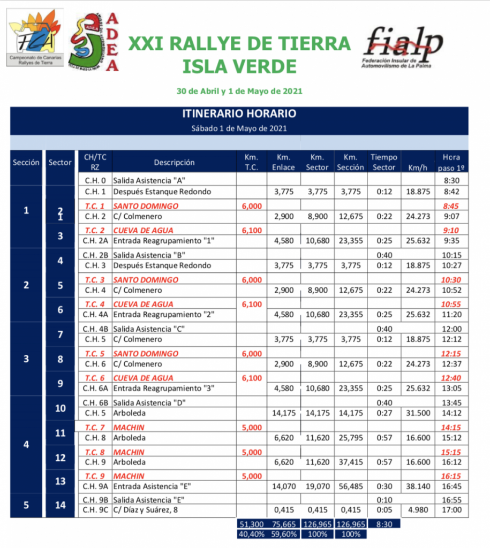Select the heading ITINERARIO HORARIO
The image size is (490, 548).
pyautogui.click(x=239, y=114)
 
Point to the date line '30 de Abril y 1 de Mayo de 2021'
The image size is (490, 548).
pyautogui.click(x=239, y=91)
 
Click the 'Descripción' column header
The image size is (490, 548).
pyautogui.click(x=174, y=162)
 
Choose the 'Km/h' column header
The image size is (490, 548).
pyautogui.click(x=418, y=167)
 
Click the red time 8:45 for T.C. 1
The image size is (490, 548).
pyautogui.click(x=452, y=205)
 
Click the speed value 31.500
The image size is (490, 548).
pyautogui.click(x=418, y=413)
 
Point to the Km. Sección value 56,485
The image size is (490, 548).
pyautogui.click(x=351, y=486)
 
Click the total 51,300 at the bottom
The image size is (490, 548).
pyautogui.click(x=251, y=523)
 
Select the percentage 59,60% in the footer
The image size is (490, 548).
pyautogui.click(x=284, y=534)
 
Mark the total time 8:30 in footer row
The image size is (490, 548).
pyautogui.click(x=383, y=523)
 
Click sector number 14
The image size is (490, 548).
pyautogui.click(x=60, y=504)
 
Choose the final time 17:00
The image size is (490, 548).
pyautogui.click(x=452, y=509)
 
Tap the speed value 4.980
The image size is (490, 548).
pyautogui.click(x=418, y=509)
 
